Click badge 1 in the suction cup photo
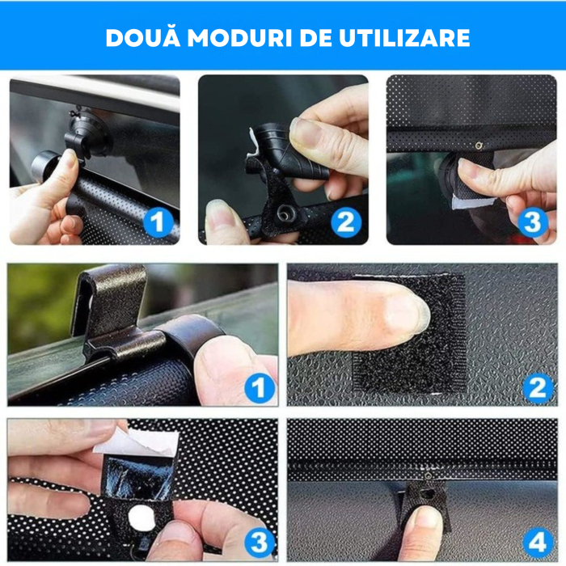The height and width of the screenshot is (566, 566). coord(158,221)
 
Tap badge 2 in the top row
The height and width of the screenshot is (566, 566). coord(347,221)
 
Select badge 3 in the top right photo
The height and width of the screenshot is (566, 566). coord(532,221)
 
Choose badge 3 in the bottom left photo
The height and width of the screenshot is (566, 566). coord(259,539)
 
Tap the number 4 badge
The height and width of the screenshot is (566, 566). coord(537,539)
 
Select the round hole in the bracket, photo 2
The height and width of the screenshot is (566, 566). coord(285,212)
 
